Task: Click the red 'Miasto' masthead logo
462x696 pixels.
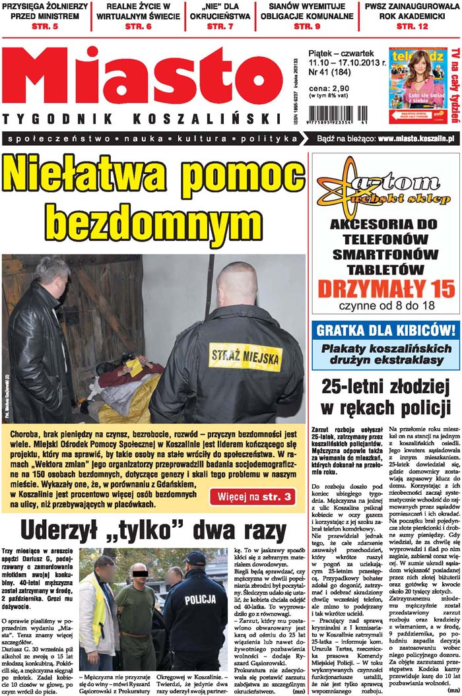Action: [142, 76]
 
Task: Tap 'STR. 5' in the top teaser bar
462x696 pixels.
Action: [45, 26]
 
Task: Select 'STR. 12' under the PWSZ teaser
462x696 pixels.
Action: [412, 26]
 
